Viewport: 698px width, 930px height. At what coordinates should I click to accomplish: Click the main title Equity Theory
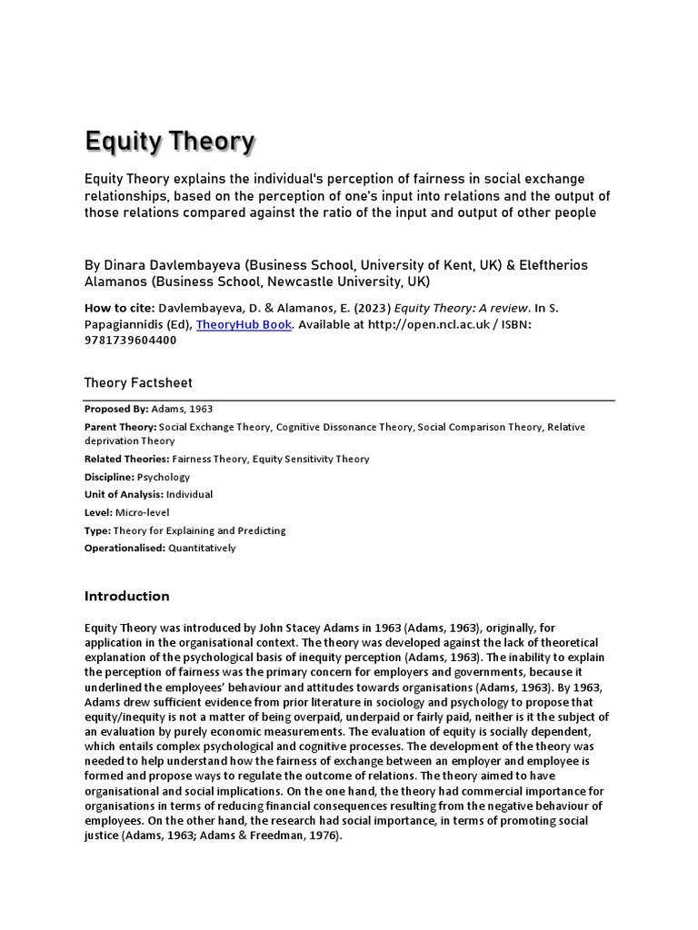pos(170,142)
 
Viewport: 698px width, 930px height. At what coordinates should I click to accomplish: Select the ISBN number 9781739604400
pos(131,341)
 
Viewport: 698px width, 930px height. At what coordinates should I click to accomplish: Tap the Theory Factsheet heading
pos(138,383)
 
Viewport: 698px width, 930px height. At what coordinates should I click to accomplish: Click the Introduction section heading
pos(127,596)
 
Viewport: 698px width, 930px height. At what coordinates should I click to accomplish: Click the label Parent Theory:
pos(120,427)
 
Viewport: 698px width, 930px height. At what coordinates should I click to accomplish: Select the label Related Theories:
pos(125,460)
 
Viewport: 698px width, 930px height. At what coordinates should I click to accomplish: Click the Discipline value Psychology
pos(163,477)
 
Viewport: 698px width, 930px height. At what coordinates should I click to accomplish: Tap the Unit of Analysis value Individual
pos(190,495)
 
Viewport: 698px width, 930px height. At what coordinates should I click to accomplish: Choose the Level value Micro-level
pos(143,512)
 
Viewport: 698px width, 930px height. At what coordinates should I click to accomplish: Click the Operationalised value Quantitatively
pos(202,548)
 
